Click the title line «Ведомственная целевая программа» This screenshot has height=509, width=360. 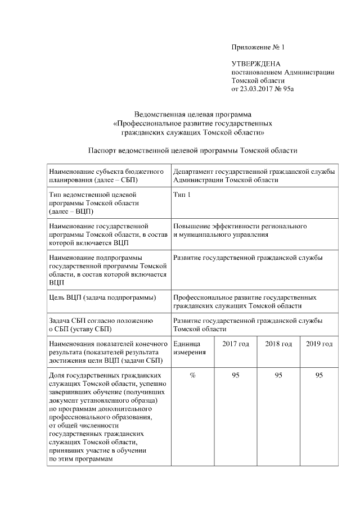(193, 115)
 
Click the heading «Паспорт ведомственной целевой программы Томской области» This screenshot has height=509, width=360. (193, 151)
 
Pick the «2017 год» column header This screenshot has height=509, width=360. (236, 344)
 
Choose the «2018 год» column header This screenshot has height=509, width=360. (278, 344)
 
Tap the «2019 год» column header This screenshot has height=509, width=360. (319, 344)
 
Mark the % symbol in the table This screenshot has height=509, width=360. (192, 376)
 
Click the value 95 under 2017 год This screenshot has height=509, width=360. (236, 376)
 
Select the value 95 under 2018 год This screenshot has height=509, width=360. (278, 376)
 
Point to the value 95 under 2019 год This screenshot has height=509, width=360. (319, 376)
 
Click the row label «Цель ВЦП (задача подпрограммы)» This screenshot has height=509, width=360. (102, 297)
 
